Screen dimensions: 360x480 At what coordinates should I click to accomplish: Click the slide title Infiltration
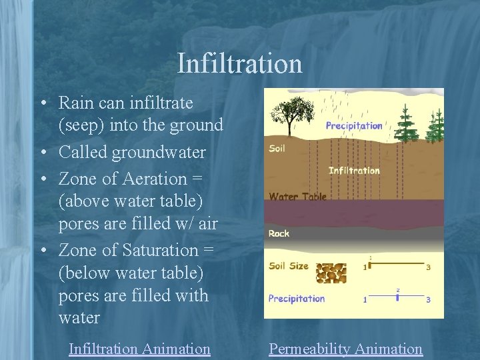(x=240, y=64)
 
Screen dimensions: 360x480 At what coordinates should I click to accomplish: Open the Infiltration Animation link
(x=139, y=349)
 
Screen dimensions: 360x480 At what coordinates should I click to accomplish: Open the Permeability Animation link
(x=345, y=349)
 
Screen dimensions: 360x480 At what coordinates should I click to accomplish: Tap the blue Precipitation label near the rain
(x=354, y=126)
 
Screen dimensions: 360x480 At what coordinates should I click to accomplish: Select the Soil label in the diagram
(x=277, y=148)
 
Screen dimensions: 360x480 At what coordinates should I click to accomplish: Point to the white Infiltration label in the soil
(x=354, y=171)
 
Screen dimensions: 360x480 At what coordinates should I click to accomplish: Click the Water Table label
(x=297, y=197)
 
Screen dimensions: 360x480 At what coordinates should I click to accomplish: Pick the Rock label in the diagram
(x=279, y=233)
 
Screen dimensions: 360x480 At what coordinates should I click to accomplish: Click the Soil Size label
(x=289, y=266)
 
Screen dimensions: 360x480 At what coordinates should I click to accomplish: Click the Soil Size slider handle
(x=371, y=265)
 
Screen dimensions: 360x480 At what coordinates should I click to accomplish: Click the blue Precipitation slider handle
(x=397, y=297)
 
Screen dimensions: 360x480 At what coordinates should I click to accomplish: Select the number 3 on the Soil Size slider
(x=428, y=267)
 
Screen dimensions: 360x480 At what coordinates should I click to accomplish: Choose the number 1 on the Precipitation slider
(x=365, y=300)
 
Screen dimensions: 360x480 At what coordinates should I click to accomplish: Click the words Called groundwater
(x=132, y=153)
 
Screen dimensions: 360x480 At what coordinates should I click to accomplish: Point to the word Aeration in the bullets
(x=151, y=179)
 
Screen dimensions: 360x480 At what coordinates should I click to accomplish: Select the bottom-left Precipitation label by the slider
(x=297, y=299)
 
